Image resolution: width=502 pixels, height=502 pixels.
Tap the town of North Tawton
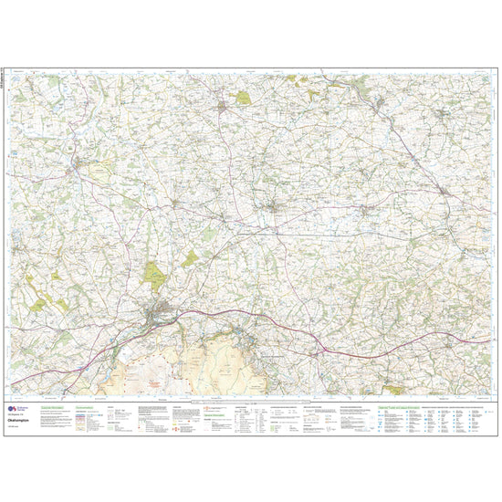274,215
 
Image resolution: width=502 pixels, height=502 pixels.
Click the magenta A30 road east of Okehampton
274,323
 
